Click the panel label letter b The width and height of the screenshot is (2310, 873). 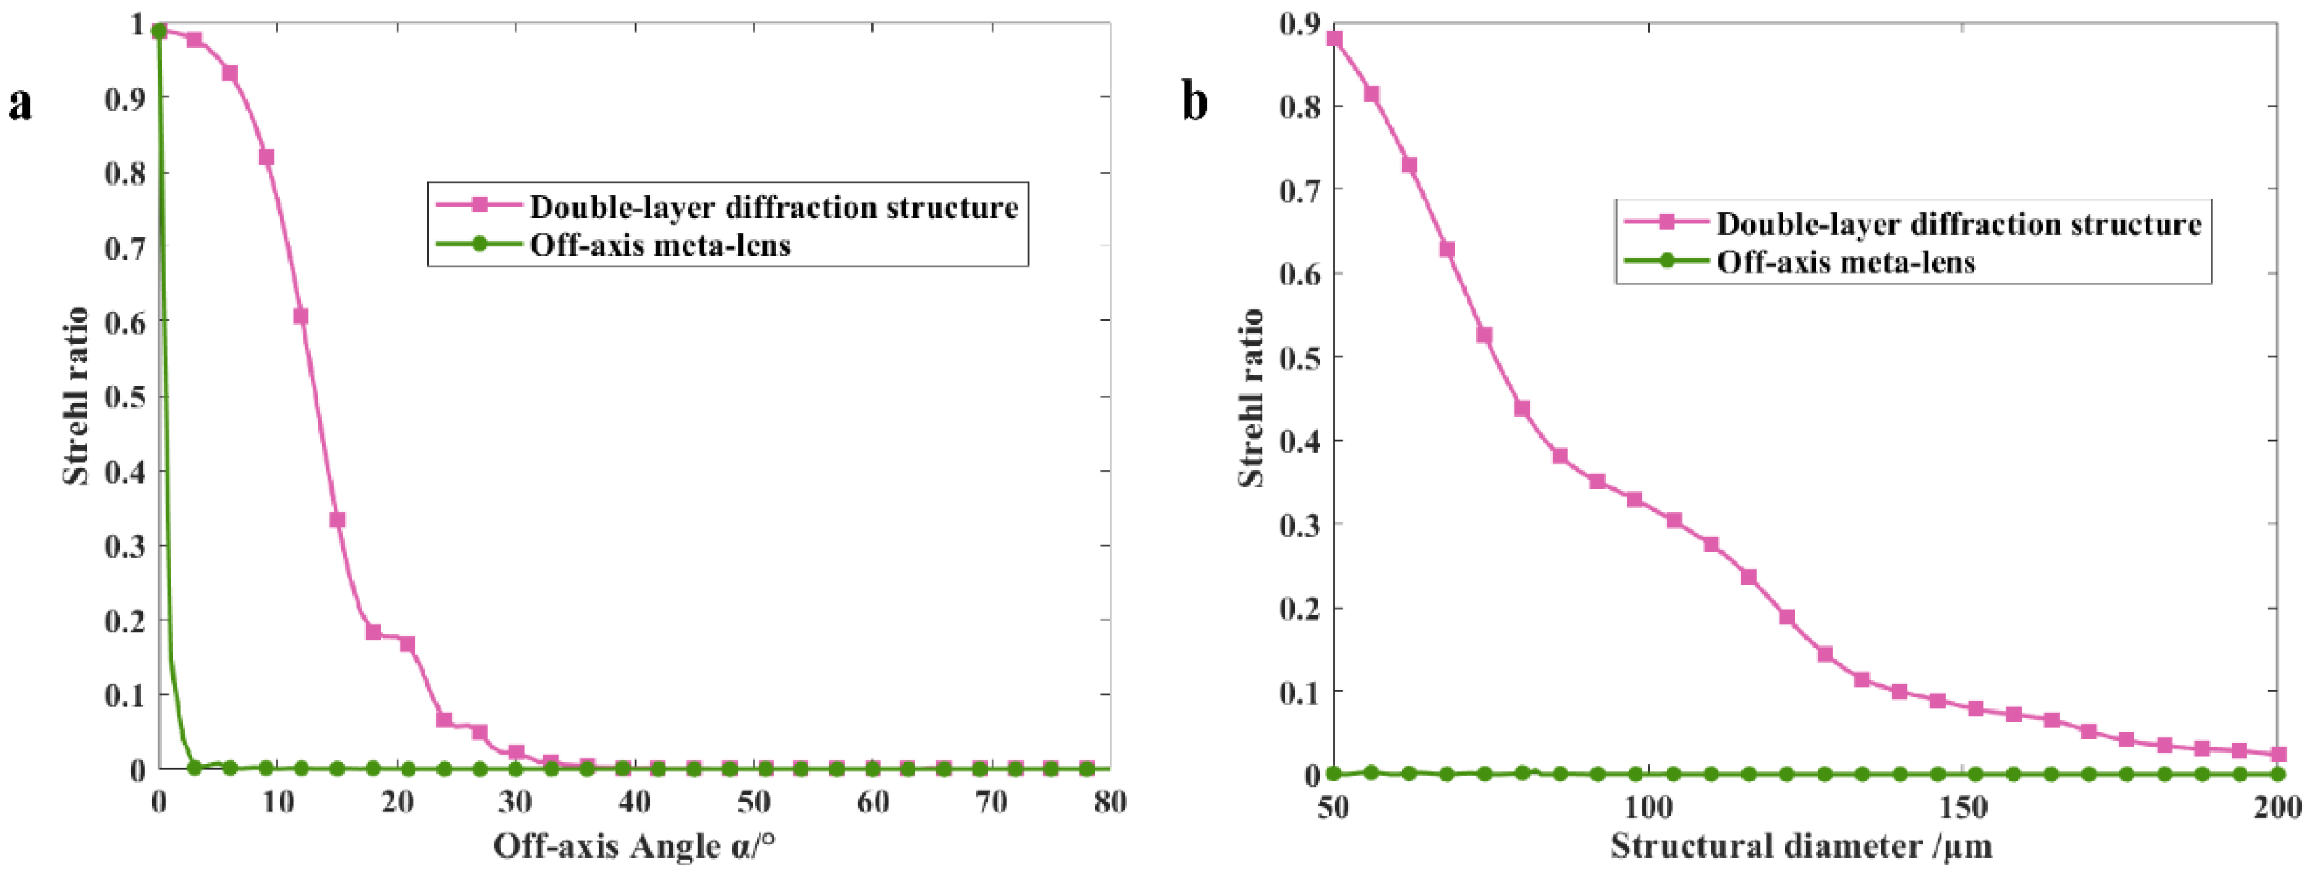click(1195, 102)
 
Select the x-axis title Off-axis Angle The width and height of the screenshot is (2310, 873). click(633, 846)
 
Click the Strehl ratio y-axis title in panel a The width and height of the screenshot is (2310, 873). click(76, 396)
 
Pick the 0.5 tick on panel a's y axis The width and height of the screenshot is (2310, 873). click(126, 396)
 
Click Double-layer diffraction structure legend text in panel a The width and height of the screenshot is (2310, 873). click(773, 207)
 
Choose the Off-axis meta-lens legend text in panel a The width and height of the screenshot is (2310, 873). click(660, 245)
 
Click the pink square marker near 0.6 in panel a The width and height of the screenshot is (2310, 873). click(301, 316)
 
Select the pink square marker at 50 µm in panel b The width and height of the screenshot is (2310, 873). click(1334, 39)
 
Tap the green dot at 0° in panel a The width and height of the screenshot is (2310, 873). click(159, 32)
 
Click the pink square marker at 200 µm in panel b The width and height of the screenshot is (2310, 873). click(2278, 755)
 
